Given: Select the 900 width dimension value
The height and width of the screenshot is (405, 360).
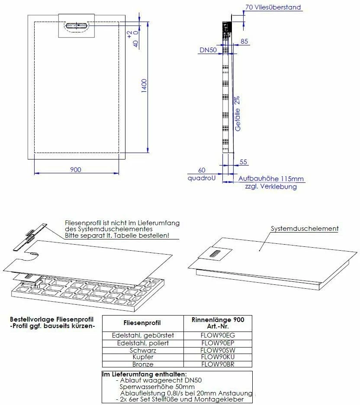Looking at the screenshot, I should point(75,170).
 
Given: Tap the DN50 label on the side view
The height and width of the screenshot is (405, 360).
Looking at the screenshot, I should point(208,50).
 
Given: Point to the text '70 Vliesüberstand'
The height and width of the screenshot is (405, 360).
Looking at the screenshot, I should point(273,7).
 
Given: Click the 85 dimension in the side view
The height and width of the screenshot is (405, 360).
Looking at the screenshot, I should point(244,42).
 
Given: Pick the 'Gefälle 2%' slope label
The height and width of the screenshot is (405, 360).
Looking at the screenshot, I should point(238,114).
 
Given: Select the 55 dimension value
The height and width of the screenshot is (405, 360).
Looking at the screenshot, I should point(243,162).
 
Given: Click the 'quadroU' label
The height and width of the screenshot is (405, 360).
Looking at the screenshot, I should point(201,178).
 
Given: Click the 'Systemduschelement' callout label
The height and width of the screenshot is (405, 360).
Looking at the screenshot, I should point(304,229).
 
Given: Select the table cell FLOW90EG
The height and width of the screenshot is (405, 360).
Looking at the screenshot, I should point(218,335).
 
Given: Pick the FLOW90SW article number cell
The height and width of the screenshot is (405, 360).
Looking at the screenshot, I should point(218,350).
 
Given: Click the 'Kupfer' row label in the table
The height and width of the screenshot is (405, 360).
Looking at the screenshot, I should point(142,357).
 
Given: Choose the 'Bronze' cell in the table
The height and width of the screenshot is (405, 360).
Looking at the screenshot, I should point(142,364).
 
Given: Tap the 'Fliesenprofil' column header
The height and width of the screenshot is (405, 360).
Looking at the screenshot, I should point(142,323).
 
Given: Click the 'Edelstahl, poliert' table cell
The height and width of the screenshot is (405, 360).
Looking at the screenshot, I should point(142,343).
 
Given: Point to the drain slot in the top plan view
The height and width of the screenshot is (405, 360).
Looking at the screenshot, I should point(77,26).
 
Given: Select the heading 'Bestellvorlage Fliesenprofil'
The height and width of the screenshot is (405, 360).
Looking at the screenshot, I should point(51,319).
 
